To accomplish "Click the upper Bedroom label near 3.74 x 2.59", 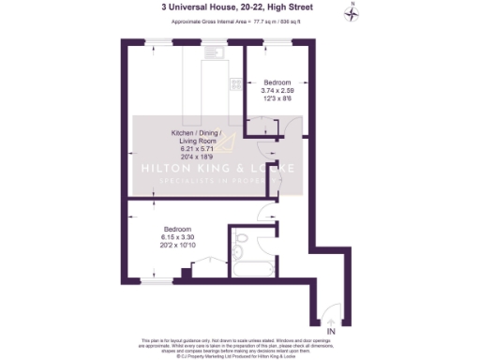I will (277, 82).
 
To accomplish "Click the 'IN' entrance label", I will (331, 331).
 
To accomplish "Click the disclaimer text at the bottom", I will (239, 345).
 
